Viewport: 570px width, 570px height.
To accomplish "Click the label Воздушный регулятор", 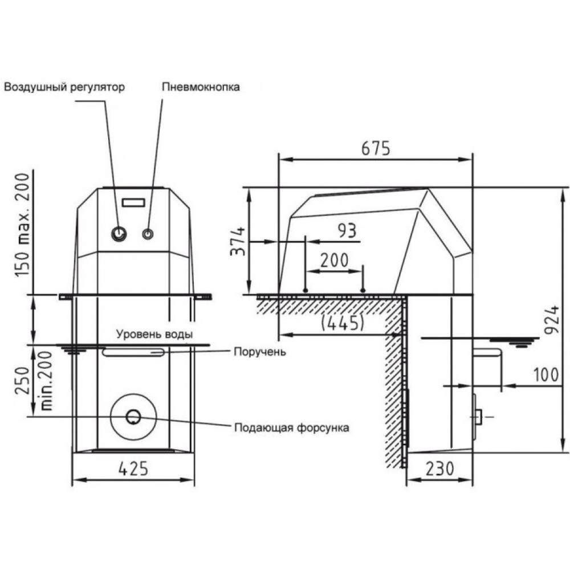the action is tap(64, 87).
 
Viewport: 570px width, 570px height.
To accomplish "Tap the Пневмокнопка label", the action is tap(201, 87).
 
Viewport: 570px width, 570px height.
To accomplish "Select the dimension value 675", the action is tap(376, 148).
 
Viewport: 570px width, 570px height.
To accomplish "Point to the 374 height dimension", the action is tap(238, 241).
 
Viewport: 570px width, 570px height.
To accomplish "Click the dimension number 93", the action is tap(347, 230).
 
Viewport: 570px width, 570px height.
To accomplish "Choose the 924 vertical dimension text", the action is tap(552, 320).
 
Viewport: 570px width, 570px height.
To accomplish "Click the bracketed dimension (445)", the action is tap(343, 322).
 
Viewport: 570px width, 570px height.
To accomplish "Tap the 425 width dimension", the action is tap(133, 469).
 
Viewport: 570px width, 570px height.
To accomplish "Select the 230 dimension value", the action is tap(439, 469).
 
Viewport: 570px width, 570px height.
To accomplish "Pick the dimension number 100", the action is tap(545, 374).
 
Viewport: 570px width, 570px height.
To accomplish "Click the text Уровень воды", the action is tap(154, 334).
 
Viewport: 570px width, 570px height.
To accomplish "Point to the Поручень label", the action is tap(259, 352).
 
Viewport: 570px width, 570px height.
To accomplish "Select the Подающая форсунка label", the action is tap(291, 427).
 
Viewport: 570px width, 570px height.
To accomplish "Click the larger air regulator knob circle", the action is tap(119, 234).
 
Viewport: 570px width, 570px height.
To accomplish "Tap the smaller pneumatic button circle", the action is tap(148, 234).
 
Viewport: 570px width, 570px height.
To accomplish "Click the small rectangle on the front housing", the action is tap(133, 202).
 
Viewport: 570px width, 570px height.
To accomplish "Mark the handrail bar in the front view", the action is tap(133, 352).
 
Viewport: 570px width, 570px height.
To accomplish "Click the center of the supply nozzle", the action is tap(133, 417).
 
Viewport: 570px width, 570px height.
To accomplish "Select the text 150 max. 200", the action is tap(22, 225).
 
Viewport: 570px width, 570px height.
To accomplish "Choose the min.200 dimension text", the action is tap(46, 381).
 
